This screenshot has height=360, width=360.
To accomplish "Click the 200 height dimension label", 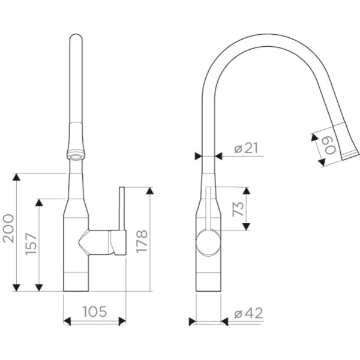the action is [8, 229].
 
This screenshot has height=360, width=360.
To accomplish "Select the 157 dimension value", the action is [31, 244].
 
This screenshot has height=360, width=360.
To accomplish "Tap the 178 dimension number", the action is [142, 241].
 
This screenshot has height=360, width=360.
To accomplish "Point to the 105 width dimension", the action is [95, 311].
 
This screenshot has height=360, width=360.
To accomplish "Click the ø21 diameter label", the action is [246, 148].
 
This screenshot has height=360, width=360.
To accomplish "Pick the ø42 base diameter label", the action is [248, 313].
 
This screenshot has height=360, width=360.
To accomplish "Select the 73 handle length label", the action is [238, 209].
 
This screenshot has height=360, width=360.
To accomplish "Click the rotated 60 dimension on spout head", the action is [330, 146].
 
